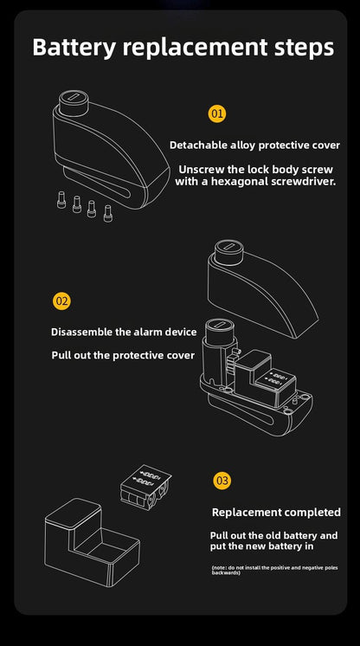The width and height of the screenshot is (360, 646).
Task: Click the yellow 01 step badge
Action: pos(217,113)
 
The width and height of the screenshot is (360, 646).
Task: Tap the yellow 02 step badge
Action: pos(61,301)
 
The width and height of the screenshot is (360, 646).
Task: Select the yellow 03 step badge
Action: pos(222,480)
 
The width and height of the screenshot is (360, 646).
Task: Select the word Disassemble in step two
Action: pos(83,332)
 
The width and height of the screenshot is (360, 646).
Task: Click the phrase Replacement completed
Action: pos(276,513)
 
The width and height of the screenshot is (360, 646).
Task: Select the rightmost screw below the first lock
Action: pos(108,213)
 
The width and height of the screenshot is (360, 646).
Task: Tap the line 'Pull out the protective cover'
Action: pos(124,355)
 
